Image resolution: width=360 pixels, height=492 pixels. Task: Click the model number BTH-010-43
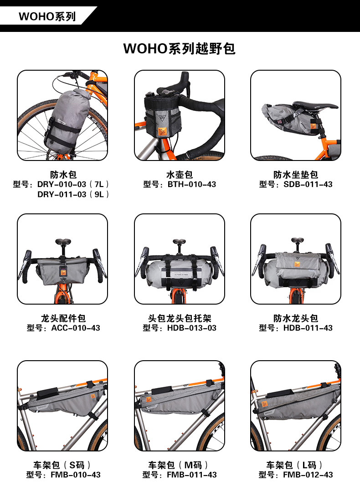click(x=191, y=184)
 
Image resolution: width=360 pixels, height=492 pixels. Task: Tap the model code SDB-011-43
click(x=308, y=184)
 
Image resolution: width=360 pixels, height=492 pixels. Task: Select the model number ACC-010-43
click(x=76, y=328)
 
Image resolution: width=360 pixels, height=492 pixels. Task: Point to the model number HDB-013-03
click(x=191, y=328)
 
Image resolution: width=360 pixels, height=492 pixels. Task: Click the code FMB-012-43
click(x=308, y=475)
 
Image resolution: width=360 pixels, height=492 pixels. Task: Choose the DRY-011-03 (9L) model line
click(x=73, y=194)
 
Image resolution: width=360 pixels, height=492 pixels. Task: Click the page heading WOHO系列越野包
click(x=180, y=49)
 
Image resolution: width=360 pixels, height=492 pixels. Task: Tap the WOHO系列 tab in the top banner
click(x=47, y=16)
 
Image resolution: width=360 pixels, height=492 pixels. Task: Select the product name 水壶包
click(x=180, y=175)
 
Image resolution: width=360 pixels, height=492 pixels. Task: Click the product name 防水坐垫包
click(x=296, y=175)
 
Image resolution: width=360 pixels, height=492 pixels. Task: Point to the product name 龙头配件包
click(x=63, y=318)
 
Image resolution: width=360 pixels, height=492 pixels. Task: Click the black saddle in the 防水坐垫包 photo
click(x=315, y=105)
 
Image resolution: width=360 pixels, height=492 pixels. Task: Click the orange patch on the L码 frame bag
click(x=265, y=404)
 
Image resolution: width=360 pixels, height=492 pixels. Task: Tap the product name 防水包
click(x=63, y=175)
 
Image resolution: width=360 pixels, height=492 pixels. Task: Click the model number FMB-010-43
click(x=76, y=475)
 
